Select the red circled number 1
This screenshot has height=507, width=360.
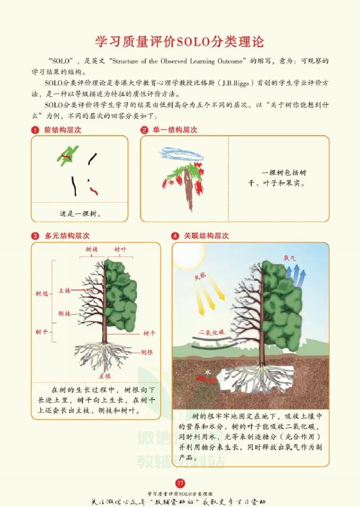[x=35, y=130]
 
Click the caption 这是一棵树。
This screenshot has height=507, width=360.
[x=80, y=213]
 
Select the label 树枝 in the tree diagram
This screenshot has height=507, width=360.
[x=92, y=249]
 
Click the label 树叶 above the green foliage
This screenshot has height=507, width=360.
[x=120, y=249]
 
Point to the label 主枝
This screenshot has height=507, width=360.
[x=64, y=290]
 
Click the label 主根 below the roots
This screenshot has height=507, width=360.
[x=105, y=375]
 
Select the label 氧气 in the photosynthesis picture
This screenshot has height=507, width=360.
[x=290, y=258]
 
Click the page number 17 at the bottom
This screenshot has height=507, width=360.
[x=180, y=483]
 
